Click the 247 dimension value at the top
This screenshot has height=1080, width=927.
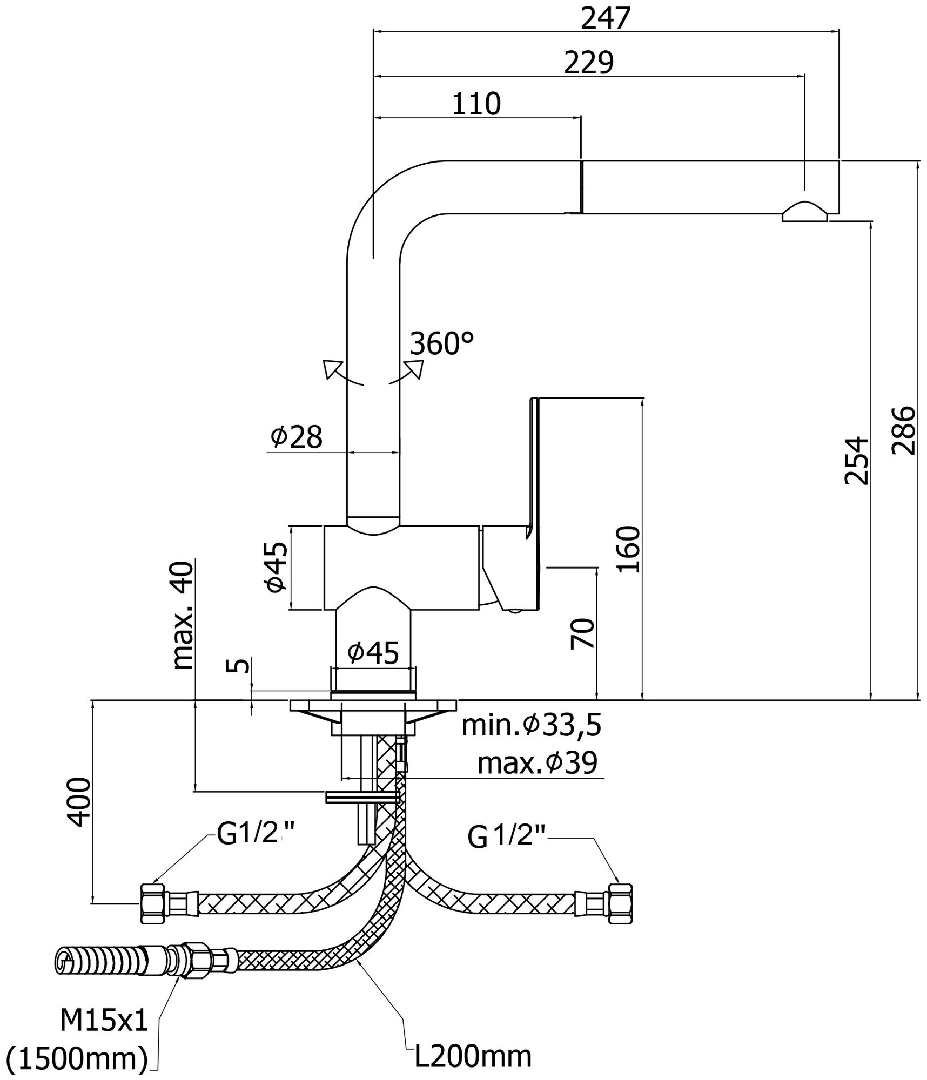606,19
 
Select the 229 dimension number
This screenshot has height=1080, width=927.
589,63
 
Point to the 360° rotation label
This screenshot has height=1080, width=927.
441,343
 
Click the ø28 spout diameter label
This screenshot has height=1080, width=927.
297,437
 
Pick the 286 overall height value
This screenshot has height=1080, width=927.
903,430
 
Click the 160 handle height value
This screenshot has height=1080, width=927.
628,549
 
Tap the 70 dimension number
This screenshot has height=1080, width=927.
582,633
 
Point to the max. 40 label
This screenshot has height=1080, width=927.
182,616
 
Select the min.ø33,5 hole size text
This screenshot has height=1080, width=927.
532,727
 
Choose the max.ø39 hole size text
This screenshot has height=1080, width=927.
538,763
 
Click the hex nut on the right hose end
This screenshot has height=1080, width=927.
621,903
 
